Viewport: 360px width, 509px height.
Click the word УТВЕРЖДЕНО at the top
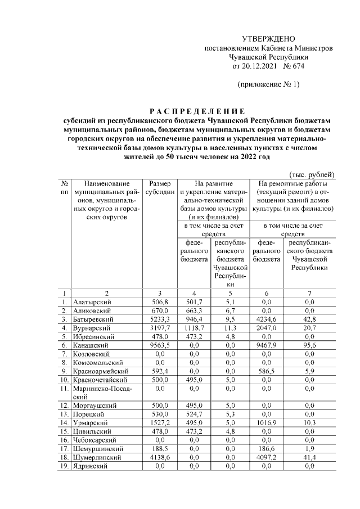pos(268,39)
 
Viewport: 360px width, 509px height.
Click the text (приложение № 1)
pos(268,84)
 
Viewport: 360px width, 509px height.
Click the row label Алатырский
pos(92,302)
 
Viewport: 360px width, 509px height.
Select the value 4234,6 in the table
pos(267,318)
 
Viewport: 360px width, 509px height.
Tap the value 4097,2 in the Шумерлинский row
pos(267,458)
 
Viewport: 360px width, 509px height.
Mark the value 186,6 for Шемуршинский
pos(267,449)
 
